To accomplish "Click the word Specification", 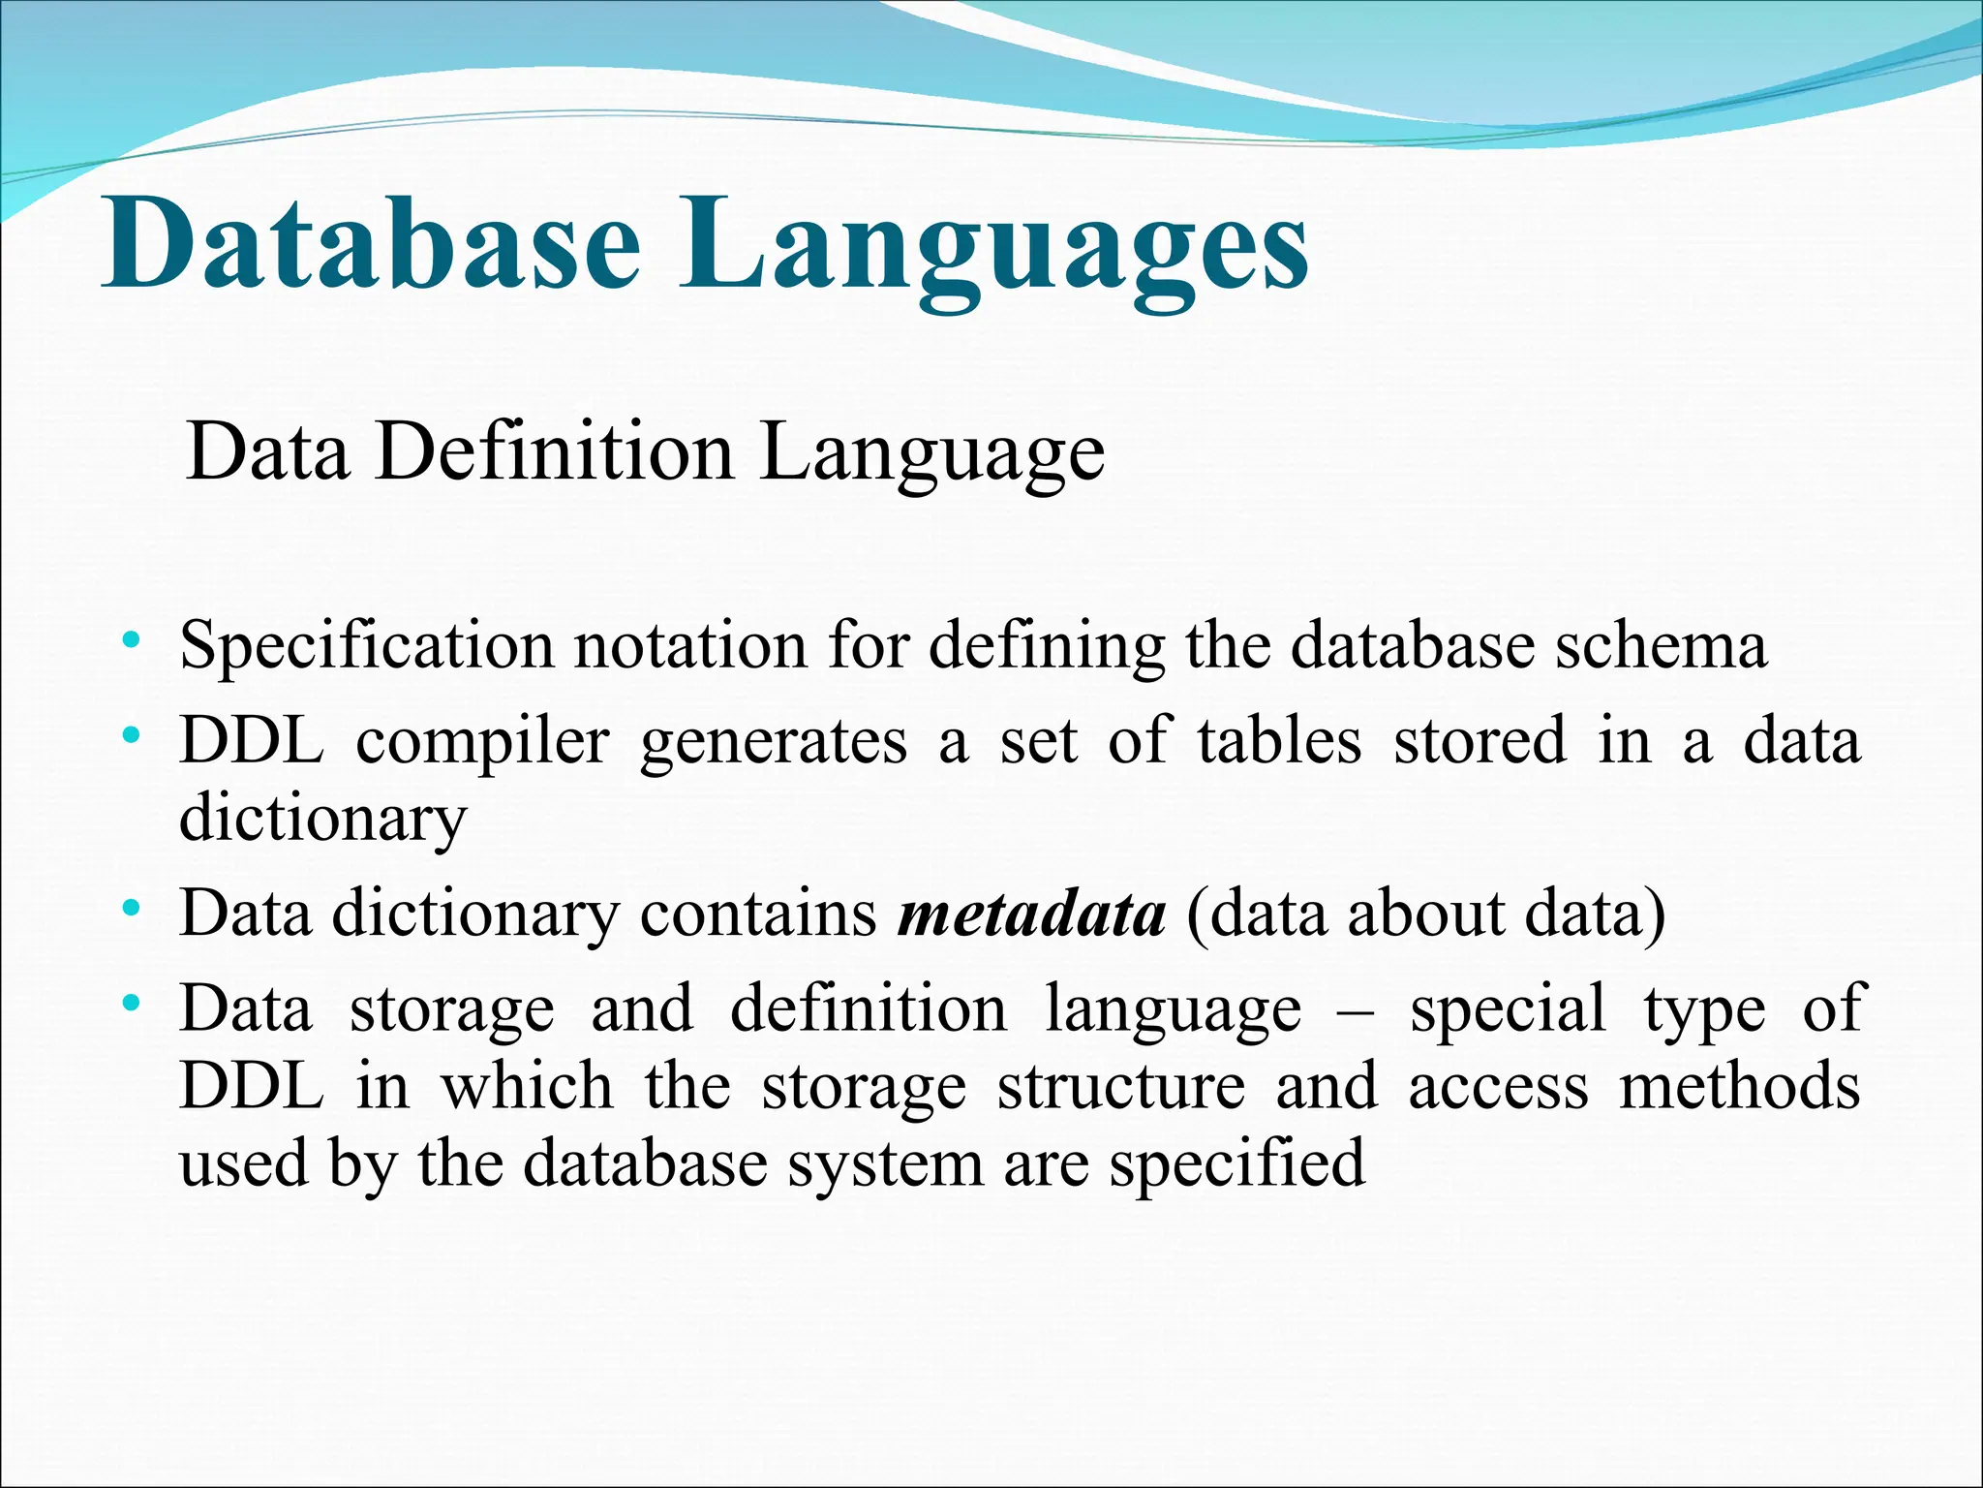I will point(367,646).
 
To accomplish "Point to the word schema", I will point(1661,646).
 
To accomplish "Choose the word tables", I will point(1279,741).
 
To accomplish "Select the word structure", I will point(1121,1087).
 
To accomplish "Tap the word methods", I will point(1739,1087).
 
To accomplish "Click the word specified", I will point(1236,1165).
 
